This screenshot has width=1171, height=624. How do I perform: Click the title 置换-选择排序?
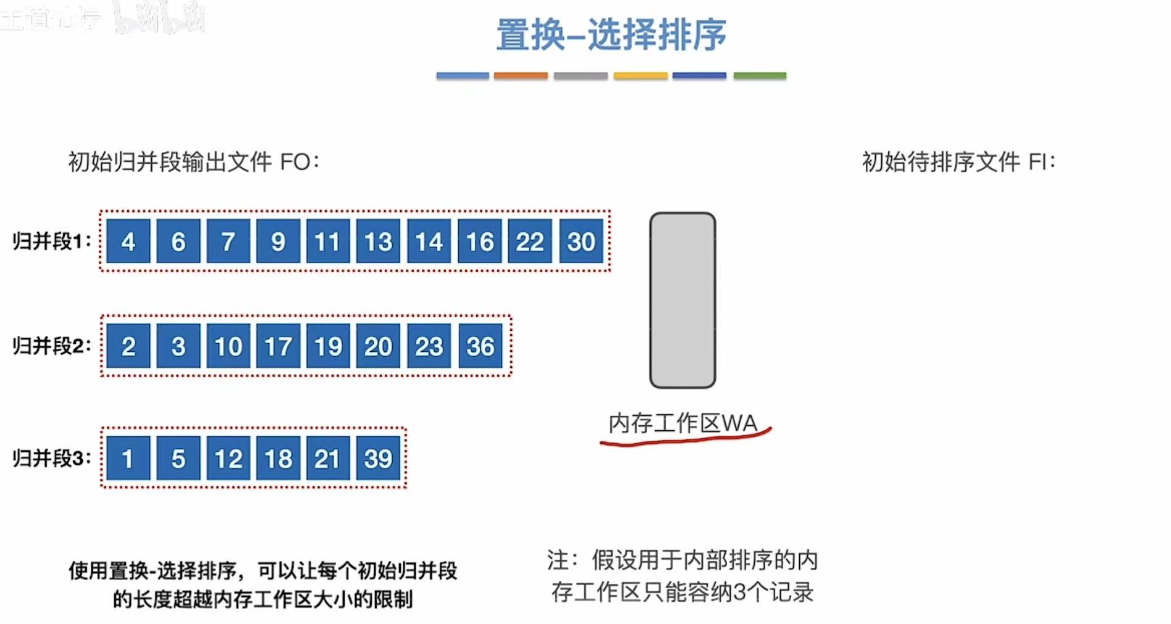611,35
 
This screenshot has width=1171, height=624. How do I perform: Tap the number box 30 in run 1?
581,241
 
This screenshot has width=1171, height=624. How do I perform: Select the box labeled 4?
128,241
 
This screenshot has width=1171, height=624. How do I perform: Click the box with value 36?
480,346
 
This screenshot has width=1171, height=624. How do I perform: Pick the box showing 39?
378,459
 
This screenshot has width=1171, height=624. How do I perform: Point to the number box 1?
128,459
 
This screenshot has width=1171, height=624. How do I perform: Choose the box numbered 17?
278,346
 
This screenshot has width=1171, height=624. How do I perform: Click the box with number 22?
530,241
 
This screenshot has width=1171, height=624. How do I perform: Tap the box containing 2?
128,346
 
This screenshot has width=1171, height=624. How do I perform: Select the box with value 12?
228,459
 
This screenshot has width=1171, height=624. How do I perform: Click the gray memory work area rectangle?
682,301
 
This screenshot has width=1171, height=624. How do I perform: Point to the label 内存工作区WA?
682,423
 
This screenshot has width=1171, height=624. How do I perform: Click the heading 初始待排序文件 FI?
959,162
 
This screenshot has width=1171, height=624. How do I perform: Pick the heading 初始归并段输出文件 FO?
193,162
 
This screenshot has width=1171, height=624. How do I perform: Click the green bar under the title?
760,76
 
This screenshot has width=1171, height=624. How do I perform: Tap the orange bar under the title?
521,76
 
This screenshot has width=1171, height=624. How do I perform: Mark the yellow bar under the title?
640,76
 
